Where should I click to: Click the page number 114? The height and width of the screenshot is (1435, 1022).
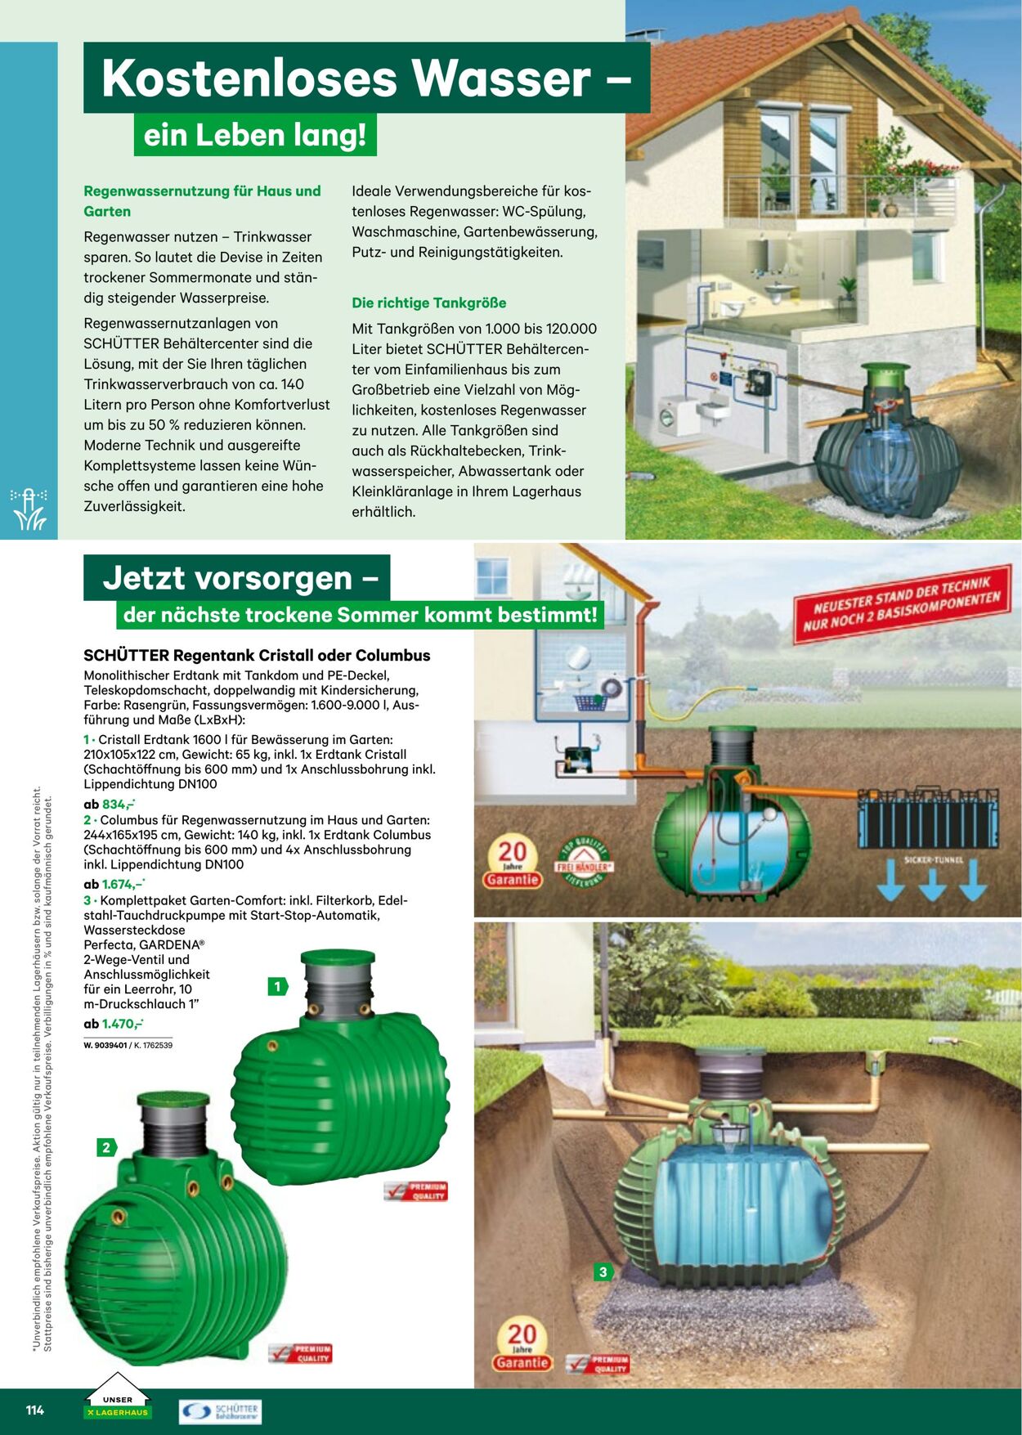pyautogui.click(x=34, y=1410)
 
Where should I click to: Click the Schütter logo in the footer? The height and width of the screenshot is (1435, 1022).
pyautogui.click(x=220, y=1411)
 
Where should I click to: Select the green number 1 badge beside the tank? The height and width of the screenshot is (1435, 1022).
pyautogui.click(x=277, y=987)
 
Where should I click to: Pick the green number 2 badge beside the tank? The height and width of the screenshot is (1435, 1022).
pyautogui.click(x=106, y=1147)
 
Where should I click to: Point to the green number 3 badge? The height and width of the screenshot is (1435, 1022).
pyautogui.click(x=603, y=1271)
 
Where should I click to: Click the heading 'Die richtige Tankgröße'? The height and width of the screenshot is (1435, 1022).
pyautogui.click(x=428, y=303)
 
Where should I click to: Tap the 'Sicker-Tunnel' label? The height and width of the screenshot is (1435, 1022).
pyautogui.click(x=934, y=859)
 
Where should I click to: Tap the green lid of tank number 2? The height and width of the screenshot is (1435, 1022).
pyautogui.click(x=173, y=1100)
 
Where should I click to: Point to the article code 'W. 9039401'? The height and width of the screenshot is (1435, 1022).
pyautogui.click(x=105, y=1045)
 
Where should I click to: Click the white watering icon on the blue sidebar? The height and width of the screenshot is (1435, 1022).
pyautogui.click(x=29, y=509)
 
